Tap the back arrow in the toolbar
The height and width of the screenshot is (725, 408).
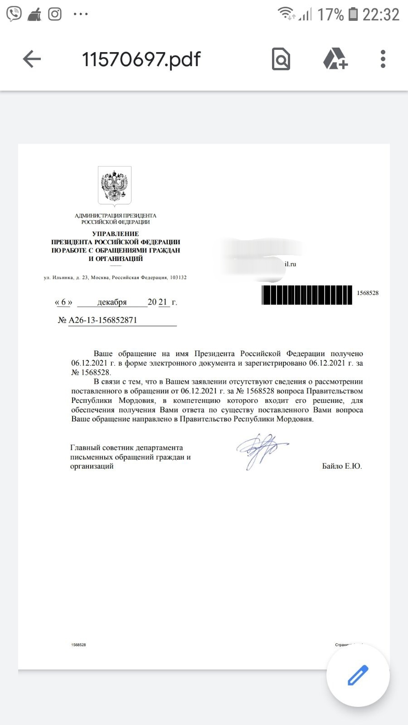tap(32, 59)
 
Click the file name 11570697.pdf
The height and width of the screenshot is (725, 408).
tap(141, 59)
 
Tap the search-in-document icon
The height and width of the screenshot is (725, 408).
tap(281, 59)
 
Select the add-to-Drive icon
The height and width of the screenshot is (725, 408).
tap(335, 59)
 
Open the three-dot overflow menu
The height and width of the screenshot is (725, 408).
tap(383, 59)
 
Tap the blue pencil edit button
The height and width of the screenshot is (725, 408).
tap(358, 675)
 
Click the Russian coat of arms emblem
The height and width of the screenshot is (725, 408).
tap(115, 186)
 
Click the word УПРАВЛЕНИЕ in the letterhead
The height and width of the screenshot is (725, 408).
tap(116, 234)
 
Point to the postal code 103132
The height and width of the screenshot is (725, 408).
tap(178, 277)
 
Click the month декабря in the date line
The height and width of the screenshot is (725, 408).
tap(112, 302)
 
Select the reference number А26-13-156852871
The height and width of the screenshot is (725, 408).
tap(103, 320)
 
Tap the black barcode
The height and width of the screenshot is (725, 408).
tap(307, 295)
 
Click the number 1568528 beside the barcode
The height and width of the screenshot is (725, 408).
tap(368, 293)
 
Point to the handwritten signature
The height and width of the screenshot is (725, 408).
tap(261, 449)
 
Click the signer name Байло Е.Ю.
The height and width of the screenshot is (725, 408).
tap(342, 466)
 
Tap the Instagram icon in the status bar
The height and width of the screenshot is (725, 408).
tap(55, 14)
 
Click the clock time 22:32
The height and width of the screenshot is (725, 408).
tap(381, 14)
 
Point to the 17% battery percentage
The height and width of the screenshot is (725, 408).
tap(330, 14)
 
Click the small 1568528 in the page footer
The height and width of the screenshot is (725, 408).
tap(78, 645)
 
